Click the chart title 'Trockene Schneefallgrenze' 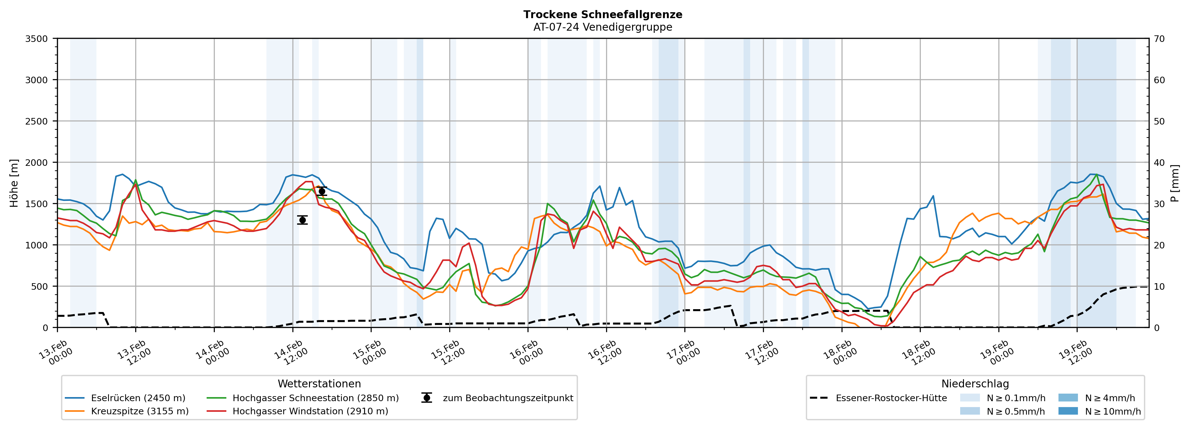pyautogui.click(x=602, y=14)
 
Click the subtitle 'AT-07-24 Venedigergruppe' pyautogui.click(x=602, y=27)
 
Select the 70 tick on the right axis pyautogui.click(x=1159, y=39)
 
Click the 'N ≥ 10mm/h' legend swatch pyautogui.click(x=1068, y=411)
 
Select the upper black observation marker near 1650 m pyautogui.click(x=322, y=191)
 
